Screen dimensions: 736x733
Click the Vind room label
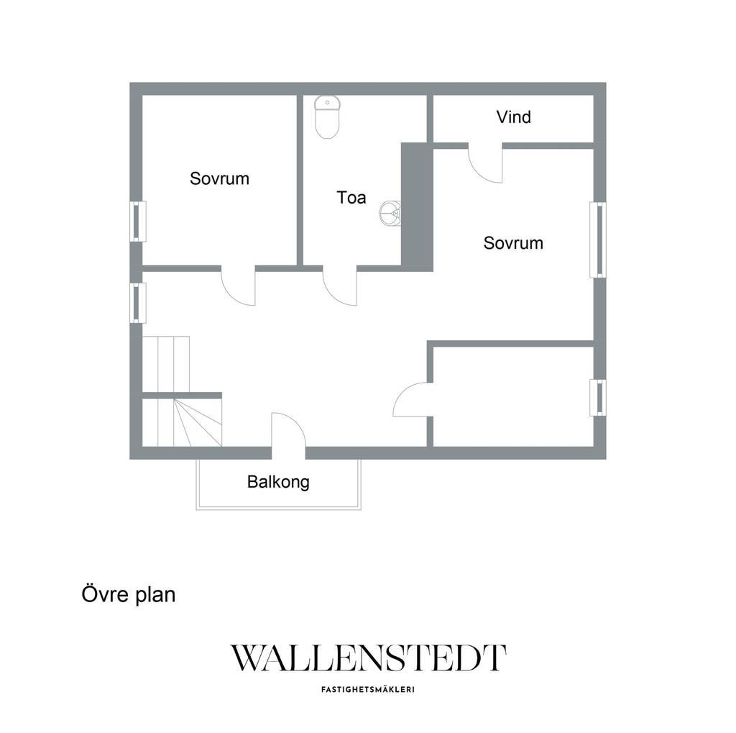point(513,117)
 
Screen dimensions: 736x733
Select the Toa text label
point(351,197)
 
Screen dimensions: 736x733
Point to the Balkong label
point(278,483)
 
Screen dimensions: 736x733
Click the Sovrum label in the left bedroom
point(219,178)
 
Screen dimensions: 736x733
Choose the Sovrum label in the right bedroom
point(513,243)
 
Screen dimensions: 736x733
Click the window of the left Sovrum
point(137,222)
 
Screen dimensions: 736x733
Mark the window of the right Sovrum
point(597,240)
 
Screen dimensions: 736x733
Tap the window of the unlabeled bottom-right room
point(597,398)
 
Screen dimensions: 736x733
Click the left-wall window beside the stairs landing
point(137,303)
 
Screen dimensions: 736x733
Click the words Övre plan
point(129,594)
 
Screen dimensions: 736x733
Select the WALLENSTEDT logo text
point(369,657)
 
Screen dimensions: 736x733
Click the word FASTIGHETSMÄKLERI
point(368,690)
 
